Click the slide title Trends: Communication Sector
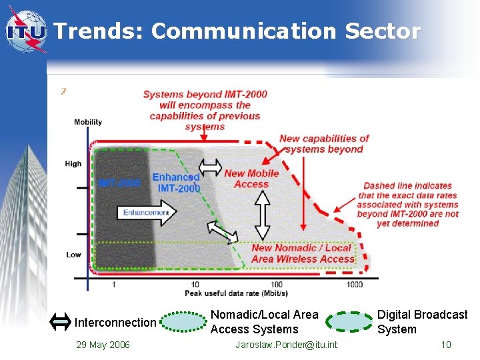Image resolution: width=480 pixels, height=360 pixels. [237, 31]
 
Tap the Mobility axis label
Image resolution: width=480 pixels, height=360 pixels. [88, 122]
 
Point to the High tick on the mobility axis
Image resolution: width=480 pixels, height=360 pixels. [74, 163]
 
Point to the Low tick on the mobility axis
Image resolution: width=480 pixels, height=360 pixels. [74, 255]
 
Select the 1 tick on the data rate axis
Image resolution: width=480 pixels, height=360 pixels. [113, 285]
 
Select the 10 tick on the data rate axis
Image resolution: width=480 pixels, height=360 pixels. [195, 285]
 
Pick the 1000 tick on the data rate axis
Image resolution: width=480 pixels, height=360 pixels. [354, 285]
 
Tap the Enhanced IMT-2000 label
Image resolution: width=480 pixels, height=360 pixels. [176, 183]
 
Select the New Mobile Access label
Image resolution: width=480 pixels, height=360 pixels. [251, 179]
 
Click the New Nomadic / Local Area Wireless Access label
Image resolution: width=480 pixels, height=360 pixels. [303, 253]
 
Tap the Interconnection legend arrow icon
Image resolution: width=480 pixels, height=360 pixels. [61, 323]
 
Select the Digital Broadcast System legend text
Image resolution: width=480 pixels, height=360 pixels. [422, 322]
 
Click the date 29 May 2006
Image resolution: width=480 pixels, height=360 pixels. [103, 345]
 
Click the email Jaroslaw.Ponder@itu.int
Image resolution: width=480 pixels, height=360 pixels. [287, 345]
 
